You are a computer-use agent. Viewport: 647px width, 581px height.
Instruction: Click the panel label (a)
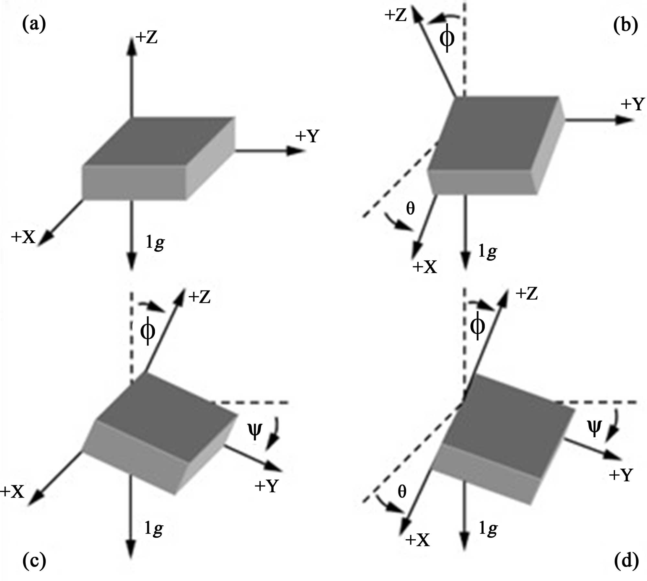34,25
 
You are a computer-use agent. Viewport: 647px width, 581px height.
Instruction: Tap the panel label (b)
626,25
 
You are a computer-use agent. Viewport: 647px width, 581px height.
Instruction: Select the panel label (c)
34,561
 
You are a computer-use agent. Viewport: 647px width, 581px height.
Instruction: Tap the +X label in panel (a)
23,237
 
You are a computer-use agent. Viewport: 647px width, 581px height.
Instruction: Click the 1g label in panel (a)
155,242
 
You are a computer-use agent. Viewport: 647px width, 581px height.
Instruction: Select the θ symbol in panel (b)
410,208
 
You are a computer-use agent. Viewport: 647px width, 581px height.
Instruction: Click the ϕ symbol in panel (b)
447,38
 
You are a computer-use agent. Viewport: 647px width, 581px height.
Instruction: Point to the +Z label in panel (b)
395,15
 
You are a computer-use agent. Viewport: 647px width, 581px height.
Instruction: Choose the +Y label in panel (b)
633,104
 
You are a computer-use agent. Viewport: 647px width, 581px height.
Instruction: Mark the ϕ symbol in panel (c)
148,331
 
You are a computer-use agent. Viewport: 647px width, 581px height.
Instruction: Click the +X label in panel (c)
12,492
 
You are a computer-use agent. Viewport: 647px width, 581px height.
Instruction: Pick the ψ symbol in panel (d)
594,428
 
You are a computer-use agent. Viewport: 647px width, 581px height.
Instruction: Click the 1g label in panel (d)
488,529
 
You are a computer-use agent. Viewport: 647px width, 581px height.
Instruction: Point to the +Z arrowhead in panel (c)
179,297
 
